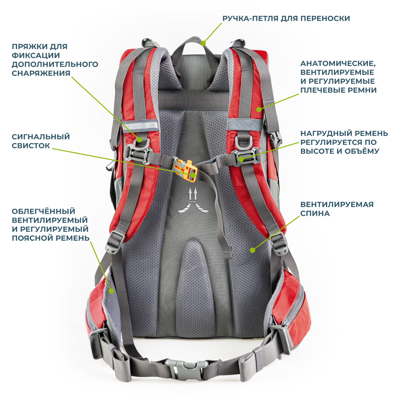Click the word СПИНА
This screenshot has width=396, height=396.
click(315, 214)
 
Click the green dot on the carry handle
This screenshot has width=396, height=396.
click(203, 43)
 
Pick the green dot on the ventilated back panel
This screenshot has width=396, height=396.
click(252, 250)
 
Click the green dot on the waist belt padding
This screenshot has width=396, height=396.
click(112, 291)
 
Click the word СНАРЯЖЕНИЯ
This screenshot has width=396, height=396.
click(41, 73)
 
